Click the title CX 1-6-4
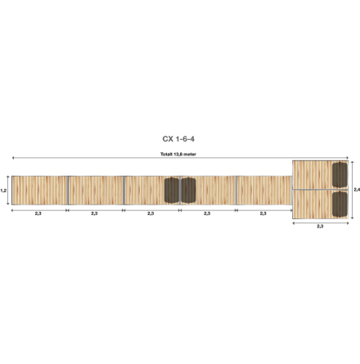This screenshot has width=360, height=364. pos(179,139)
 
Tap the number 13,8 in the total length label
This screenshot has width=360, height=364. pos(179,154)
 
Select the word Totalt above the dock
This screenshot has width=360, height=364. pos(166,154)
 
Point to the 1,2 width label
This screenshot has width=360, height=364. pos(4,190)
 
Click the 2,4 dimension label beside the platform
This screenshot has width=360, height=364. pos(355,190)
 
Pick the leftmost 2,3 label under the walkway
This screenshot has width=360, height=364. pos(38,213)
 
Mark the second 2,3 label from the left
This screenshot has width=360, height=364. pos(95,213)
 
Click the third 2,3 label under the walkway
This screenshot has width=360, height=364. pos(151,213)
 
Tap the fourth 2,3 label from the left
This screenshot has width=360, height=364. pos(207,213)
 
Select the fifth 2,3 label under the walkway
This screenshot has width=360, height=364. pos(263,213)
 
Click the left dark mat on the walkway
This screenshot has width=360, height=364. pos(172,190)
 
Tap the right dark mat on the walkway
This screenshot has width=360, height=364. pos(187,190)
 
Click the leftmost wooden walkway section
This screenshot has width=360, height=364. pos(38,190)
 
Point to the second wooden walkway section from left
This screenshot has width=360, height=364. pos(95,190)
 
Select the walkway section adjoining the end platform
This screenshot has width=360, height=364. pos(263,190)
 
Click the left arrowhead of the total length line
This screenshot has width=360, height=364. pos(12,158)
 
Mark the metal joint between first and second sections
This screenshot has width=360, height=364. pos(67,190)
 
